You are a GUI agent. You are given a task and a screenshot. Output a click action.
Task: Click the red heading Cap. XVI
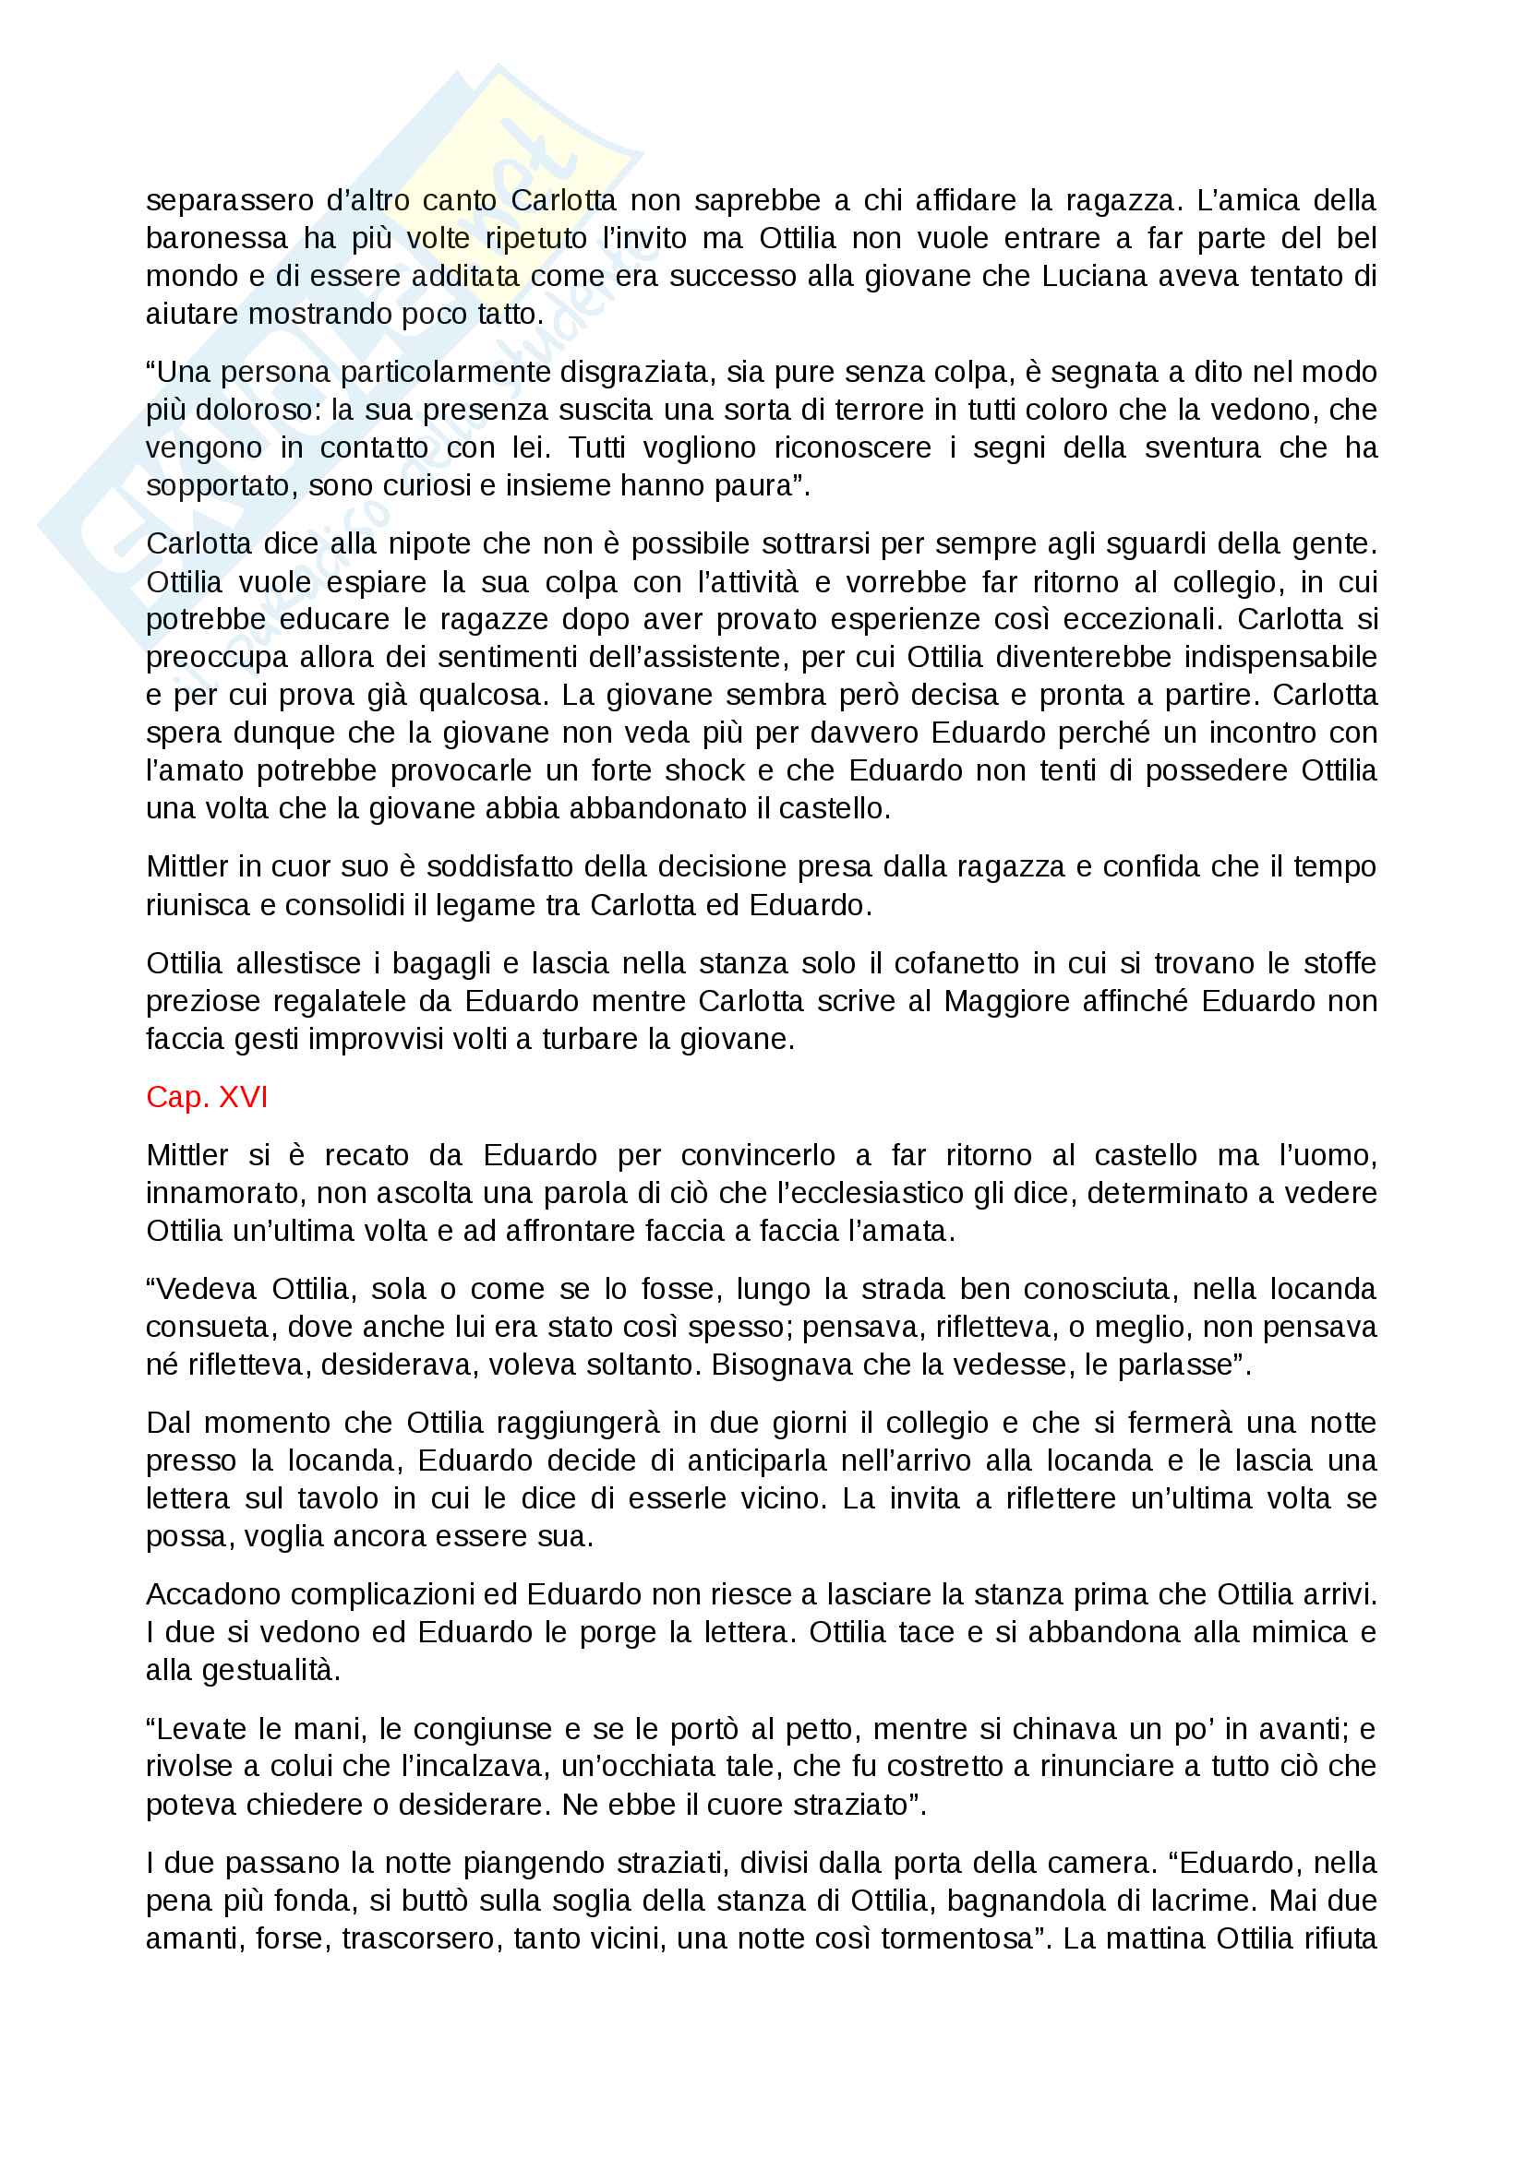tap(207, 1097)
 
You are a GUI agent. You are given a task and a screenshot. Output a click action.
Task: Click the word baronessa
tap(217, 239)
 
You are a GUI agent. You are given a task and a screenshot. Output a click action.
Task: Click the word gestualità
tap(243, 1670)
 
